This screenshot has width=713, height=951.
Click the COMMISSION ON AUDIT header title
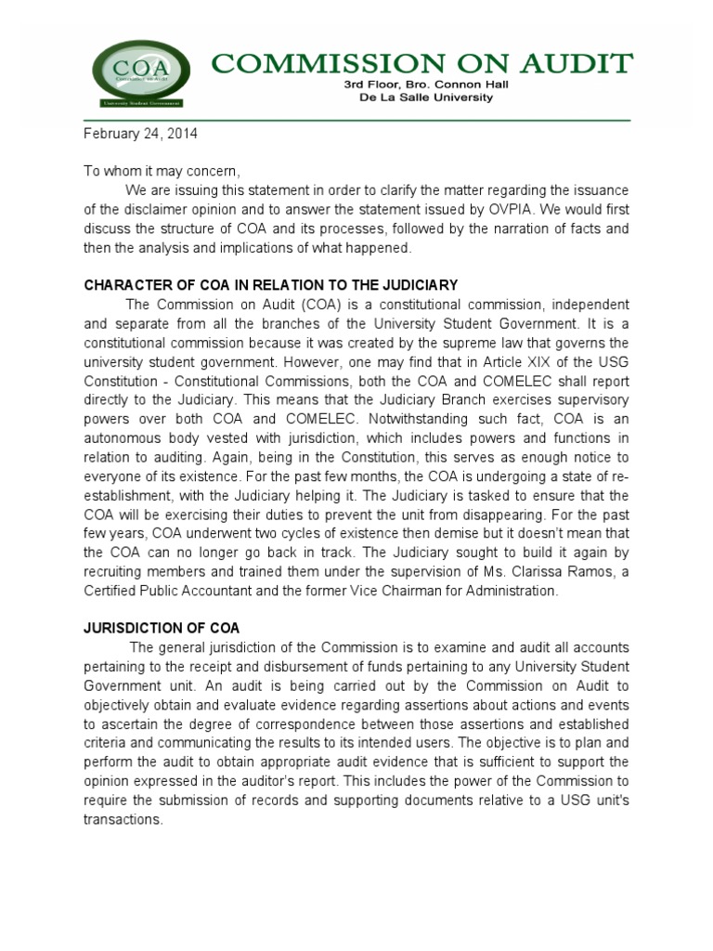point(421,63)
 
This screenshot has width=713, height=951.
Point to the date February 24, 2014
point(141,134)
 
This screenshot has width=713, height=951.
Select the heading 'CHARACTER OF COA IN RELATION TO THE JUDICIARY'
point(271,284)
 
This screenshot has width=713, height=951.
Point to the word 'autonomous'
point(126,437)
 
